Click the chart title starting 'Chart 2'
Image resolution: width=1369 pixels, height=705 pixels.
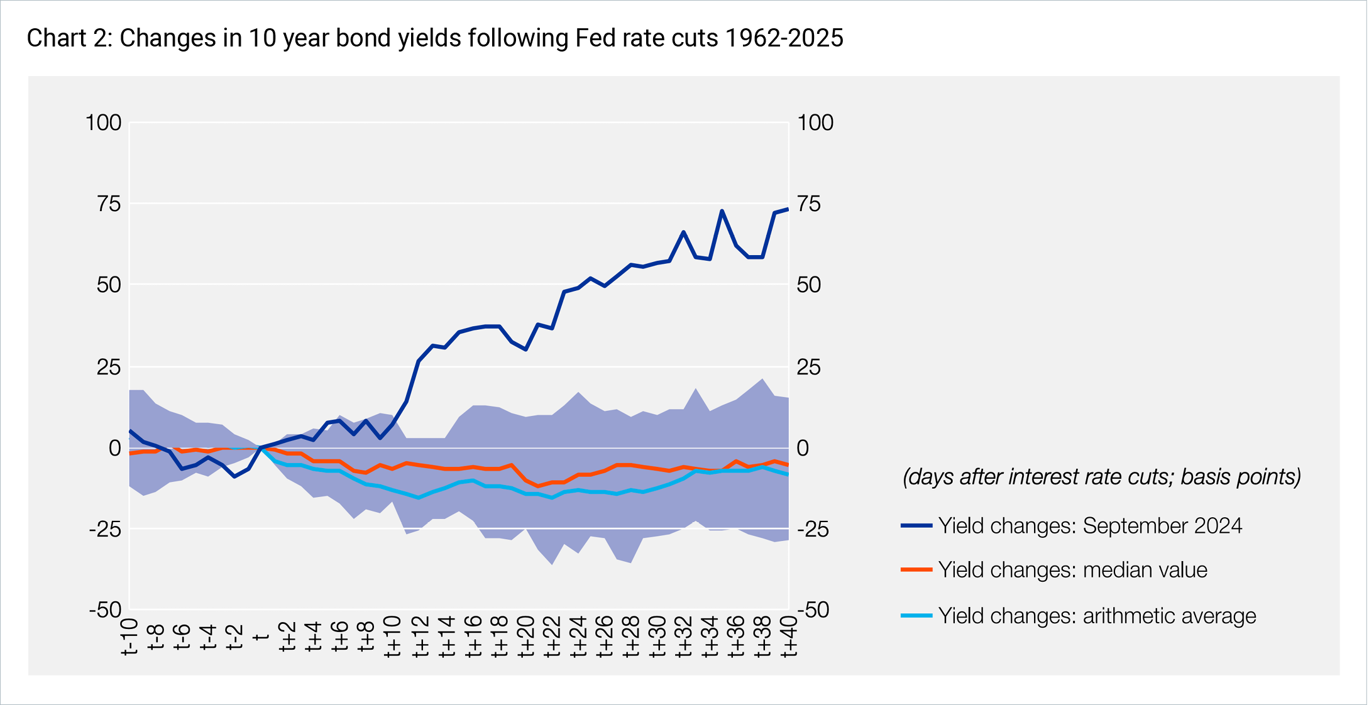tap(434, 38)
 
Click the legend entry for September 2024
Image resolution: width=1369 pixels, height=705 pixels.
tap(1089, 526)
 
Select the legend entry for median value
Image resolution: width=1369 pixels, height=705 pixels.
tap(1072, 570)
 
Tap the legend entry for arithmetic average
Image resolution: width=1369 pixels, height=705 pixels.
tap(1097, 616)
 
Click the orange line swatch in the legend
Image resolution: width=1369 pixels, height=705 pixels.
tap(916, 570)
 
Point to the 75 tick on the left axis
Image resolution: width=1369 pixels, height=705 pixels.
tap(108, 204)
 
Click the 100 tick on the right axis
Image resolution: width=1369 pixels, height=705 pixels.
tap(815, 123)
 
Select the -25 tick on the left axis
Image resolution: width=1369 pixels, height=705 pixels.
tap(105, 529)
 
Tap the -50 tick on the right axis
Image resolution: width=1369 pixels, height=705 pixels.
tap(813, 609)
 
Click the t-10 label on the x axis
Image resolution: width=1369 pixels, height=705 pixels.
tap(130, 636)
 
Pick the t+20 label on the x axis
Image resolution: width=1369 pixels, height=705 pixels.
tap(526, 636)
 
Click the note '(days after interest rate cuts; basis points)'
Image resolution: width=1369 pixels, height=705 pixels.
tap(1101, 477)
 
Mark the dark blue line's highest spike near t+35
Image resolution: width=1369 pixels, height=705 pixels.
tap(722, 211)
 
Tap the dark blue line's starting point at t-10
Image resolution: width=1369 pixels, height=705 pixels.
tap(130, 431)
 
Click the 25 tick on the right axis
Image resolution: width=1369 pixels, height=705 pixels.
tap(808, 367)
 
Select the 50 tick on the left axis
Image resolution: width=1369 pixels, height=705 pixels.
tap(108, 285)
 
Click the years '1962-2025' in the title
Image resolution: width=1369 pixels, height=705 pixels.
tap(784, 38)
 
